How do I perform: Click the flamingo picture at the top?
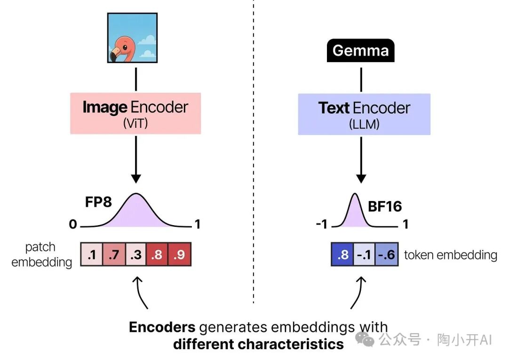coord(132,38)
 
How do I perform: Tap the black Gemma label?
coord(360,50)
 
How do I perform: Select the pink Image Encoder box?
coord(135,113)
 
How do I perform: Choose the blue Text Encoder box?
coord(364,114)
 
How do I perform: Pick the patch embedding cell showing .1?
coord(91,254)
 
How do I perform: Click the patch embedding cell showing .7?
coord(114,254)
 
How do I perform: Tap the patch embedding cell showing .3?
coord(136,254)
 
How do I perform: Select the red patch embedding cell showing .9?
coord(180,254)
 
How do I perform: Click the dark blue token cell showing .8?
coord(343,255)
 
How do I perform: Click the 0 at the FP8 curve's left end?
coord(73,225)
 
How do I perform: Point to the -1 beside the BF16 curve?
coord(321,224)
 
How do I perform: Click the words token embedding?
coord(450,255)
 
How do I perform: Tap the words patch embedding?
coord(41,254)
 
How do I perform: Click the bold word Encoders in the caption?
coord(162,328)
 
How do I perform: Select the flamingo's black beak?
coord(115,57)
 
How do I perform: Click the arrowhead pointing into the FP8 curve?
coord(136,179)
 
